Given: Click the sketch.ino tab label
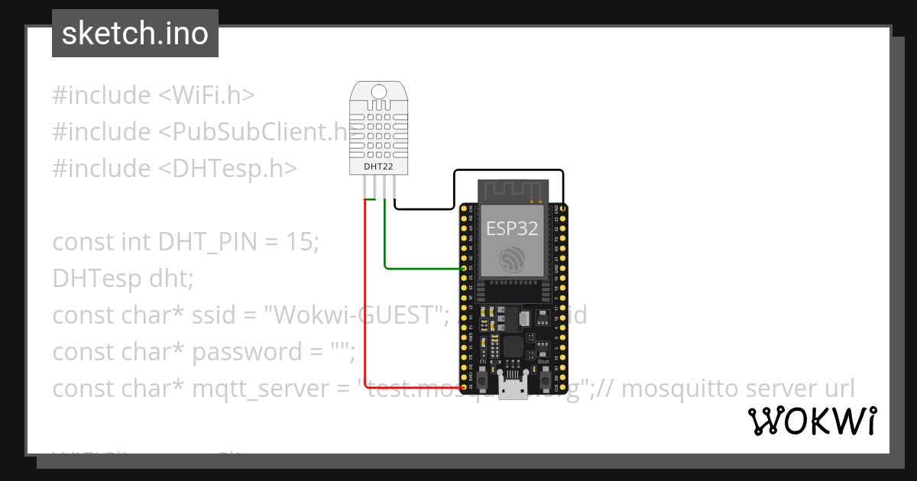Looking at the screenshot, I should (134, 34).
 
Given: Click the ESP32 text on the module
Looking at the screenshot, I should (512, 228).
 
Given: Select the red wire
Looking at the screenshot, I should (365, 305).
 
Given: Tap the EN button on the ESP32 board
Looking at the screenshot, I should (482, 379).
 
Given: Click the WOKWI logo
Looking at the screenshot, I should (811, 421).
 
